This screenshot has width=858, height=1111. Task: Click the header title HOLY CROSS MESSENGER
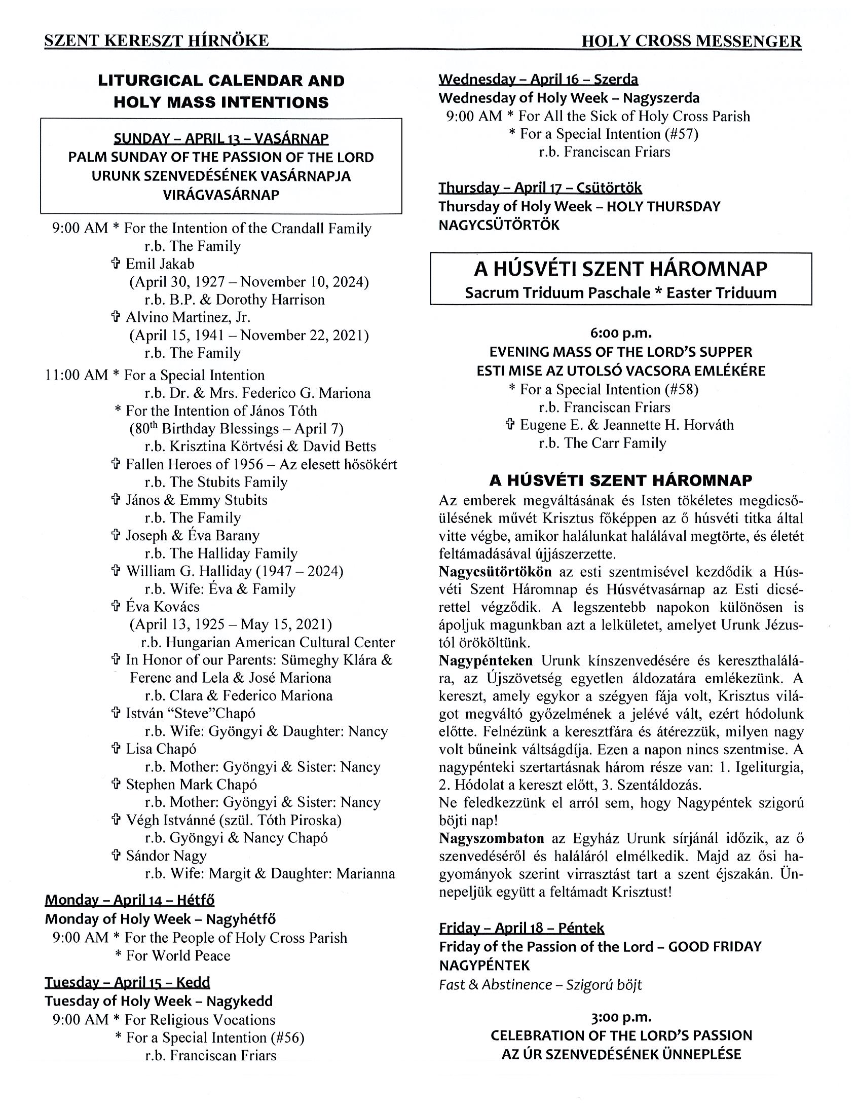point(691,41)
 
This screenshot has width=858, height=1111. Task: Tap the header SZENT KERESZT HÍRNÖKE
point(157,41)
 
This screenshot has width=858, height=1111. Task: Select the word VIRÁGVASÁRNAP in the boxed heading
point(221,195)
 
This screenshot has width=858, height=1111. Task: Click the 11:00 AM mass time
point(77,375)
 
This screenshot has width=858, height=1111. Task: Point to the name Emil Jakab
point(160,264)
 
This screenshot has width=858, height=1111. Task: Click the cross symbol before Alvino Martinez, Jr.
point(116,317)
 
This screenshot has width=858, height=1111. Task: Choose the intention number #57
point(682,134)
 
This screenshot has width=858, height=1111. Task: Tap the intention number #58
point(682,389)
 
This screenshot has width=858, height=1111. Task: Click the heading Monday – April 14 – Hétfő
point(130,900)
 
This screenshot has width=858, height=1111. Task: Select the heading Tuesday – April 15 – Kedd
point(127,982)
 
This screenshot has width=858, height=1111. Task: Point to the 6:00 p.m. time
point(621,333)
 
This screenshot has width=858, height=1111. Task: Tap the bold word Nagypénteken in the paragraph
point(486,661)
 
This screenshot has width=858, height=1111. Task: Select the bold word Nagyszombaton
point(491,838)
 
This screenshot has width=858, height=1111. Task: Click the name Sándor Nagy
point(166,856)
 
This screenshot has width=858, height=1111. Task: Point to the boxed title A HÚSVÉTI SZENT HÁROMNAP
point(620,269)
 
